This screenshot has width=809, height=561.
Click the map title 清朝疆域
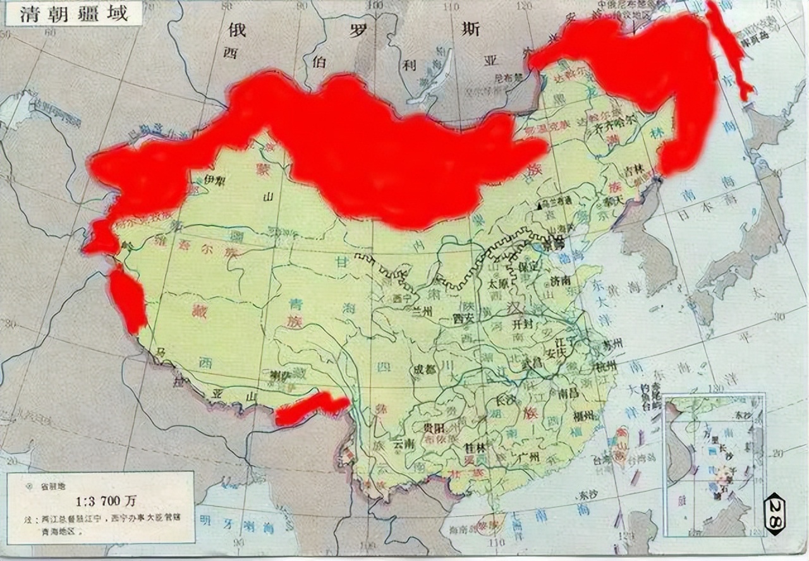[73, 14]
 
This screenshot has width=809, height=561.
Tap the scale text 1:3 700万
[106, 502]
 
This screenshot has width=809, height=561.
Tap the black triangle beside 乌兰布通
[539, 206]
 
